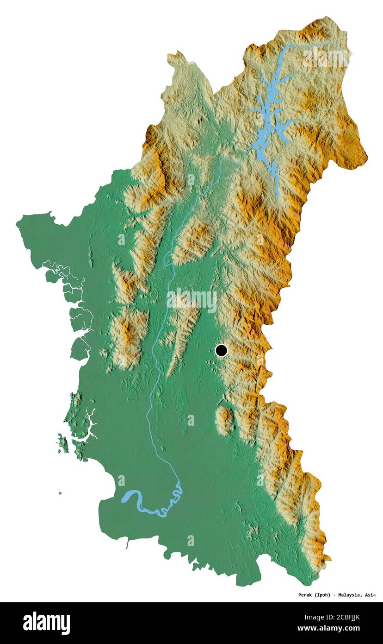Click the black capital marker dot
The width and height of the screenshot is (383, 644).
click(222, 350)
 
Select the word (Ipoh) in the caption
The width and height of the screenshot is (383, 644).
click(321, 594)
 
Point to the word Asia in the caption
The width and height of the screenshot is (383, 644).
click(370, 594)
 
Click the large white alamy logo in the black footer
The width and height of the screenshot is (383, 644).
click(47, 623)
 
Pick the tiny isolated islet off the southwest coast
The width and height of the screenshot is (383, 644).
click(60, 493)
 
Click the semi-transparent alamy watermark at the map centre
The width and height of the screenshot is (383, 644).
click(192, 300)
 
